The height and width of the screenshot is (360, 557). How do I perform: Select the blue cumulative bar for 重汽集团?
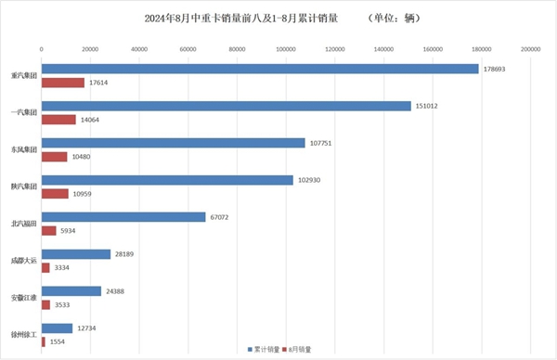260,69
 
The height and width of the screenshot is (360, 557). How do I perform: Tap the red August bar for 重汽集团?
63,83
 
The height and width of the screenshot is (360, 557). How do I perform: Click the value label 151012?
427,106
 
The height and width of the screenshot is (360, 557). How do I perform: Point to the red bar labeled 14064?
58,120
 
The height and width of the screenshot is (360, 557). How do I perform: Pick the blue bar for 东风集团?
174,143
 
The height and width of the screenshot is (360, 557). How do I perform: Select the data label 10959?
83,194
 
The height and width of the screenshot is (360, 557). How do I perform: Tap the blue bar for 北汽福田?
123,217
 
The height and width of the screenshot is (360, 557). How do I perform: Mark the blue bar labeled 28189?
76,254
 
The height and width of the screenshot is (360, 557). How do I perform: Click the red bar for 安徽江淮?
46,304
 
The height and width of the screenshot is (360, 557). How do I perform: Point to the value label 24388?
116,291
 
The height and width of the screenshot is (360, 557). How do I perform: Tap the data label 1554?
59,342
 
